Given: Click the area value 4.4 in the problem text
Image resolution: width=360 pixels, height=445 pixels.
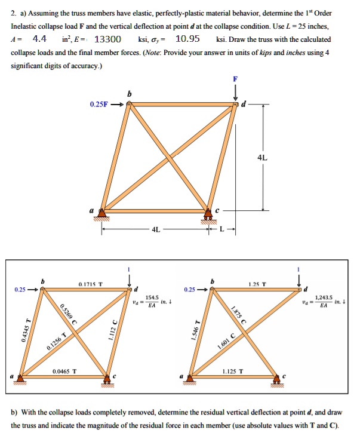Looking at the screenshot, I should point(39,39).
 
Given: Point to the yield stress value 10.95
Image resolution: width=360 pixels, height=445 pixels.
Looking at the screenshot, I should point(187,39).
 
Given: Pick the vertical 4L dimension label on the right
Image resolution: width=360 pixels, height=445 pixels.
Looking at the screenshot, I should point(263,158).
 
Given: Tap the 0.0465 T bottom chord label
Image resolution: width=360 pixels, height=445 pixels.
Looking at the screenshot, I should point(64,372).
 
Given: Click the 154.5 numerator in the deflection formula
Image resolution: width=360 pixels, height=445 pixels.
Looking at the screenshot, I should point(151,297).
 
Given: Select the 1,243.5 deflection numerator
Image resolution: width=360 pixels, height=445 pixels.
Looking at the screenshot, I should point(322,297).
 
